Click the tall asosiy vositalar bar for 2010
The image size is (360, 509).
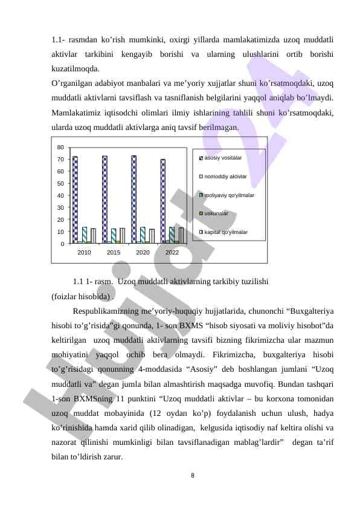click(x=75, y=199)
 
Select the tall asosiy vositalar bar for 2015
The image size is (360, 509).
click(x=104, y=199)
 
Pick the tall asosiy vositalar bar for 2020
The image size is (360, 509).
click(x=134, y=199)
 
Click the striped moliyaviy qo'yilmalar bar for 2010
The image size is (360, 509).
click(x=85, y=235)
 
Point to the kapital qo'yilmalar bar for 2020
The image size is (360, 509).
click(x=152, y=236)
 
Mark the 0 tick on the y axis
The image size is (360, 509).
click(x=62, y=244)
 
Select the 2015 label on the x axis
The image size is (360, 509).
click(x=114, y=252)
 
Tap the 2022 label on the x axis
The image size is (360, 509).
click(x=172, y=252)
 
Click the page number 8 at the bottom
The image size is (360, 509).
click(x=192, y=475)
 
